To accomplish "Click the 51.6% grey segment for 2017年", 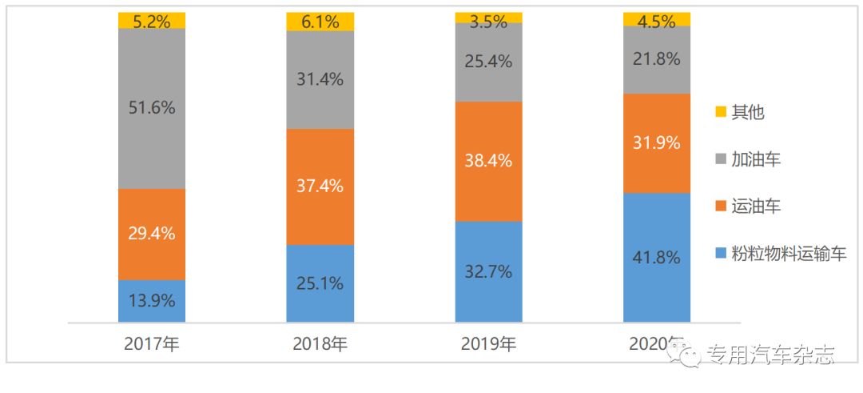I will point(152,108).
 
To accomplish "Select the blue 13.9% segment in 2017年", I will point(152,301).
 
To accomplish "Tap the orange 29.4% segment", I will point(152,234).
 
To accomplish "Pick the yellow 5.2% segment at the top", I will point(152,21).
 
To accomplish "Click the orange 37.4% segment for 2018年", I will point(320,186).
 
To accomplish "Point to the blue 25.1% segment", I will point(320,283).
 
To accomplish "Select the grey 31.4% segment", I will point(320,80).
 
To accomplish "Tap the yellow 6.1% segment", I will point(320,22).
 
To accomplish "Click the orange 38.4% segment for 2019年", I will point(489,161).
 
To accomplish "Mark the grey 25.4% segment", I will point(489,62).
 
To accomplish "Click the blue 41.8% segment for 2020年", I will point(657,258).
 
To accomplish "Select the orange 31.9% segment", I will point(657,143).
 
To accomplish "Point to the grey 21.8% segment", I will point(657,59).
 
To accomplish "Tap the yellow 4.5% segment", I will point(657,19).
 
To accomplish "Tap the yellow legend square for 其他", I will point(720,112).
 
